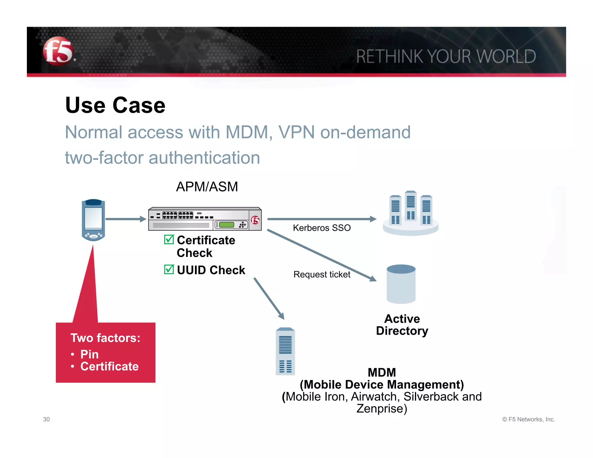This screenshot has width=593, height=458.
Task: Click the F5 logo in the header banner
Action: coord(58,51)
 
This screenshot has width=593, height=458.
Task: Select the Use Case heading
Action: coord(115,105)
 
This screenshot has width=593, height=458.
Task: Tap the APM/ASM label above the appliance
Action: coord(207,187)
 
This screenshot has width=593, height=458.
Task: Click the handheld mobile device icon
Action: coord(93,220)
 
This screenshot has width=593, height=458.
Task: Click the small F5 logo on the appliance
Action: coord(255,220)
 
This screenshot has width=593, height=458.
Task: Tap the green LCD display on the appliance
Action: coord(226,225)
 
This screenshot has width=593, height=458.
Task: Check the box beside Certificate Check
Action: coord(169,240)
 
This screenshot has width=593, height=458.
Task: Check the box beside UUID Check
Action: coord(169,270)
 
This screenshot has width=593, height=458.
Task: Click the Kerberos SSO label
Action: coord(322,228)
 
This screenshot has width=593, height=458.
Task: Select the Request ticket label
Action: coord(322,274)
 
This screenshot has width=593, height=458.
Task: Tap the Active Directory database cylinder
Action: coord(401,284)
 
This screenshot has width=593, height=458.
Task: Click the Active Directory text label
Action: coord(402,325)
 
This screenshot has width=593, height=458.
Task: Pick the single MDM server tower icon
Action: coord(285,351)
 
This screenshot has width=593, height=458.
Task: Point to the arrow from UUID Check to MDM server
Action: coord(269,298)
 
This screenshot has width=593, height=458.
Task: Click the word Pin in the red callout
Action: coord(89,354)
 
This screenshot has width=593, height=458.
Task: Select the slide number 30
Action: coord(46,419)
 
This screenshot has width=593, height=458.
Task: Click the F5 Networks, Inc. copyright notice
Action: coord(528,419)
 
